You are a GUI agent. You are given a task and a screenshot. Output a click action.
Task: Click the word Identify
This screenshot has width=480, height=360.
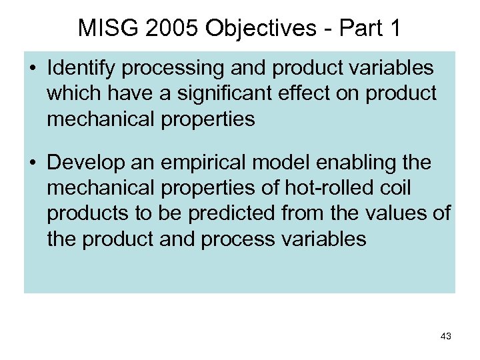[81, 68]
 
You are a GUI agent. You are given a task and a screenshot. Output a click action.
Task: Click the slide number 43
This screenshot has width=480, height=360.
[445, 337]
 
